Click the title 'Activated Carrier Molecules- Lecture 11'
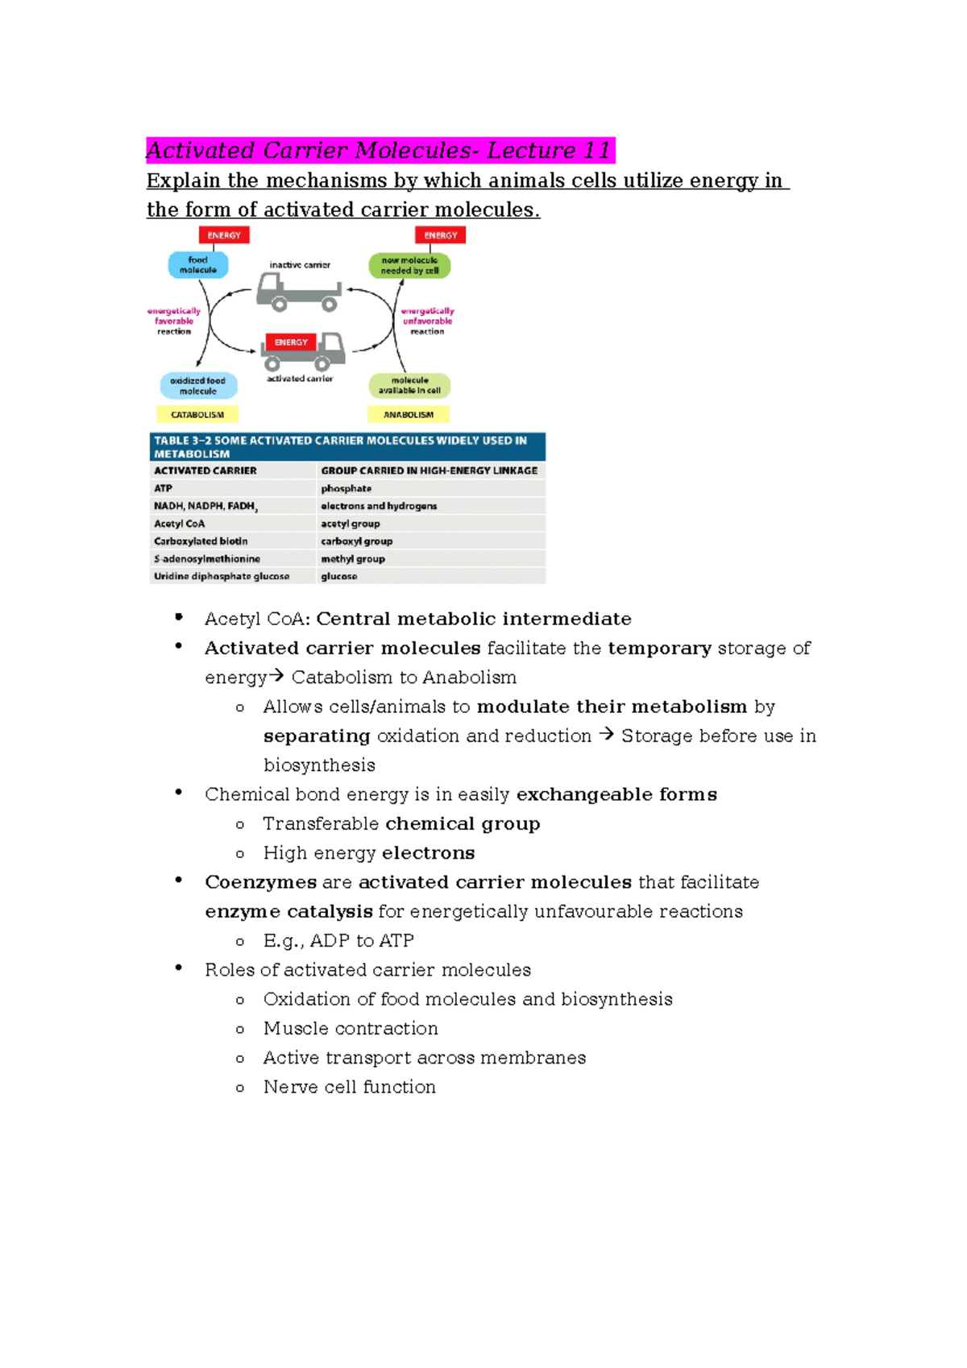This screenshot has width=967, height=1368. (379, 151)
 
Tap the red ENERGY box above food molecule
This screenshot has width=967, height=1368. (224, 235)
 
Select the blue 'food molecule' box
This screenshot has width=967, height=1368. (198, 265)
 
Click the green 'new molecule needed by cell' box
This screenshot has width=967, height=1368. (409, 266)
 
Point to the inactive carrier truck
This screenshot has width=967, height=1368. (298, 292)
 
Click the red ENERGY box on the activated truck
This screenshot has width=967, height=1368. (291, 342)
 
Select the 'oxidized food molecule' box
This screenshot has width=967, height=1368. (198, 386)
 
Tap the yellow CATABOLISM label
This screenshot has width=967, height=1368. (197, 415)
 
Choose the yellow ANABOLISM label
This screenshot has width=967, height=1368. (409, 415)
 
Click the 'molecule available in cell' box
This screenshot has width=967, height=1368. (409, 386)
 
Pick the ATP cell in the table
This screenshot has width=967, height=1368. (164, 488)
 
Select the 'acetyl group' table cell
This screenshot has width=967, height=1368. (351, 524)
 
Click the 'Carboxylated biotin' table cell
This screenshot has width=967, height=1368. (201, 541)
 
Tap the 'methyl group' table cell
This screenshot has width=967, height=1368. (353, 559)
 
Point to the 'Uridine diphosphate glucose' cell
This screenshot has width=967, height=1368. (222, 577)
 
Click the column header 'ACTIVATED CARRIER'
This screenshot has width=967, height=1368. (205, 471)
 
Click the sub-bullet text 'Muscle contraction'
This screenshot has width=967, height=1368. (351, 1029)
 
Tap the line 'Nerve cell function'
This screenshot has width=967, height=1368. (349, 1088)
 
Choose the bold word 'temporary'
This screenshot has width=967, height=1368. (659, 649)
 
